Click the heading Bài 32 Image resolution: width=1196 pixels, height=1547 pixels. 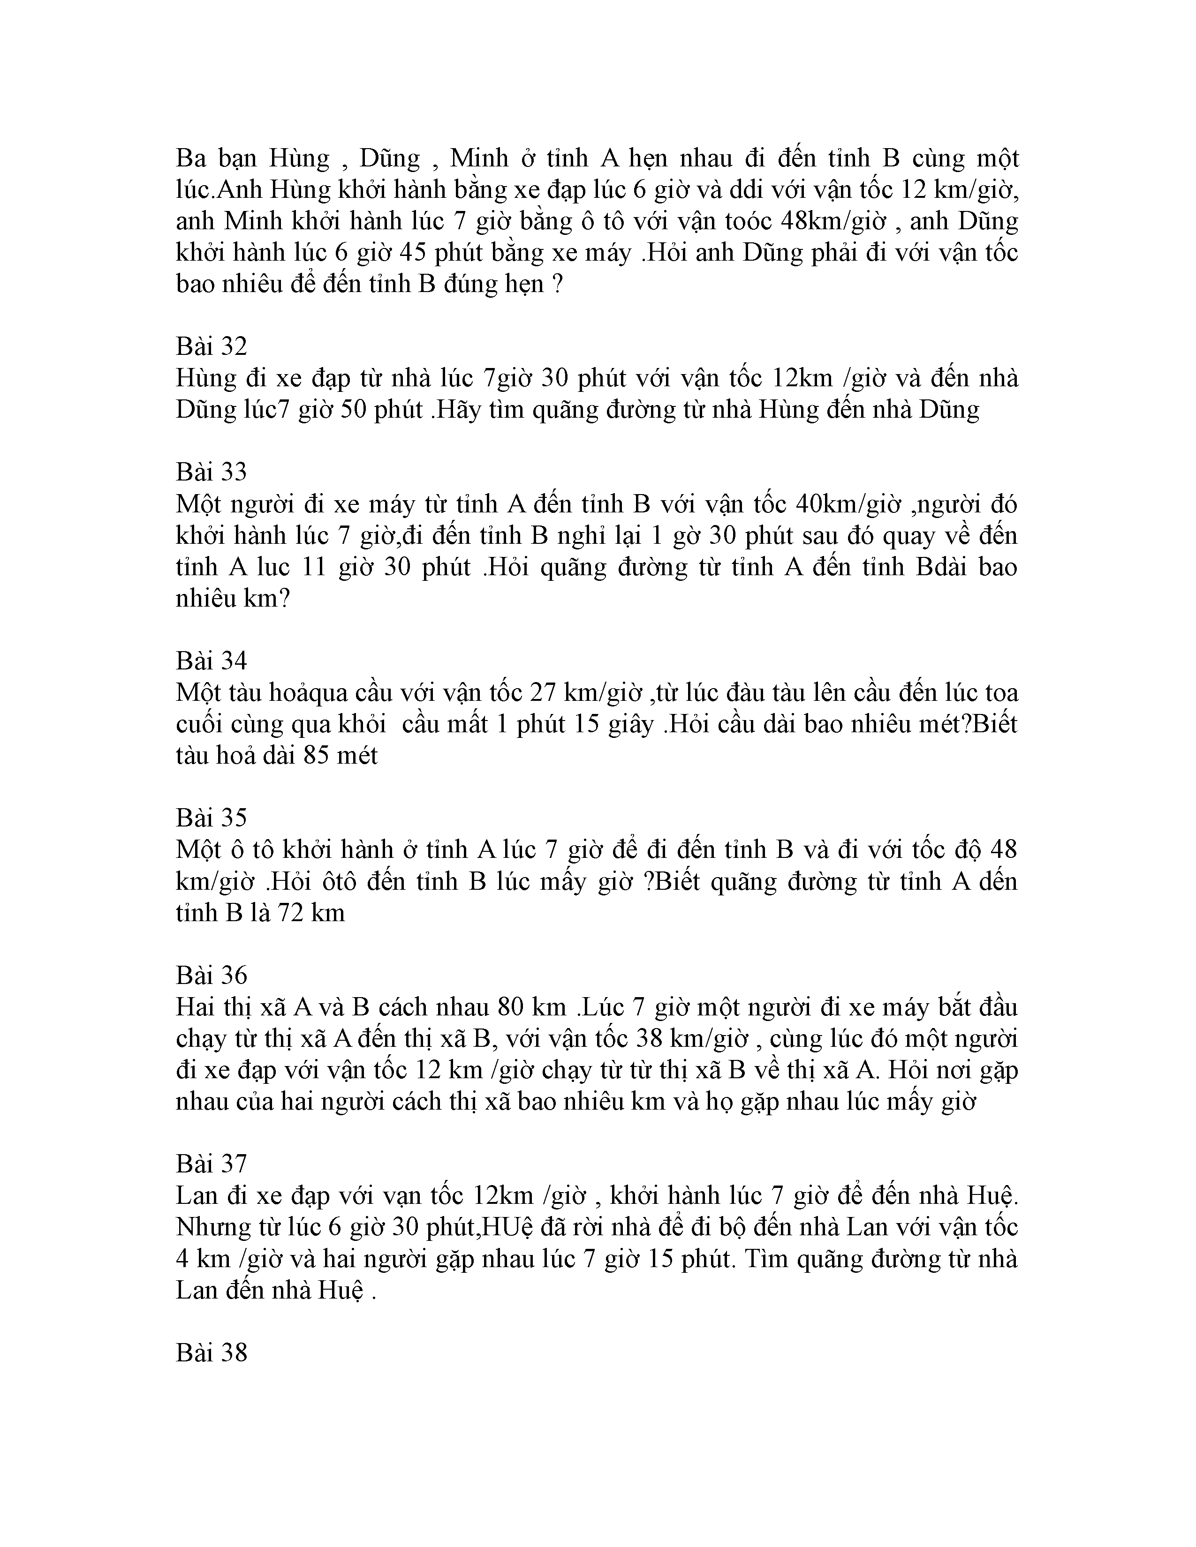click(x=211, y=346)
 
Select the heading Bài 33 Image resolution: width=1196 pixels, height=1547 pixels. click(x=211, y=472)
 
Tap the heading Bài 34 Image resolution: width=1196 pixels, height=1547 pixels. click(x=211, y=660)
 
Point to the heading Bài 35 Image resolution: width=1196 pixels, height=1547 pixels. click(x=211, y=818)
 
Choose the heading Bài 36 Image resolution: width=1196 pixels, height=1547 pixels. click(x=211, y=975)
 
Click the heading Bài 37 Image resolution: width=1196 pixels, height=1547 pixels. click(x=211, y=1163)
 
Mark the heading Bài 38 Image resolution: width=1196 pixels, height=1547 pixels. click(x=211, y=1352)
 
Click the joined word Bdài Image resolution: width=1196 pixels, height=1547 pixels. click(x=940, y=567)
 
